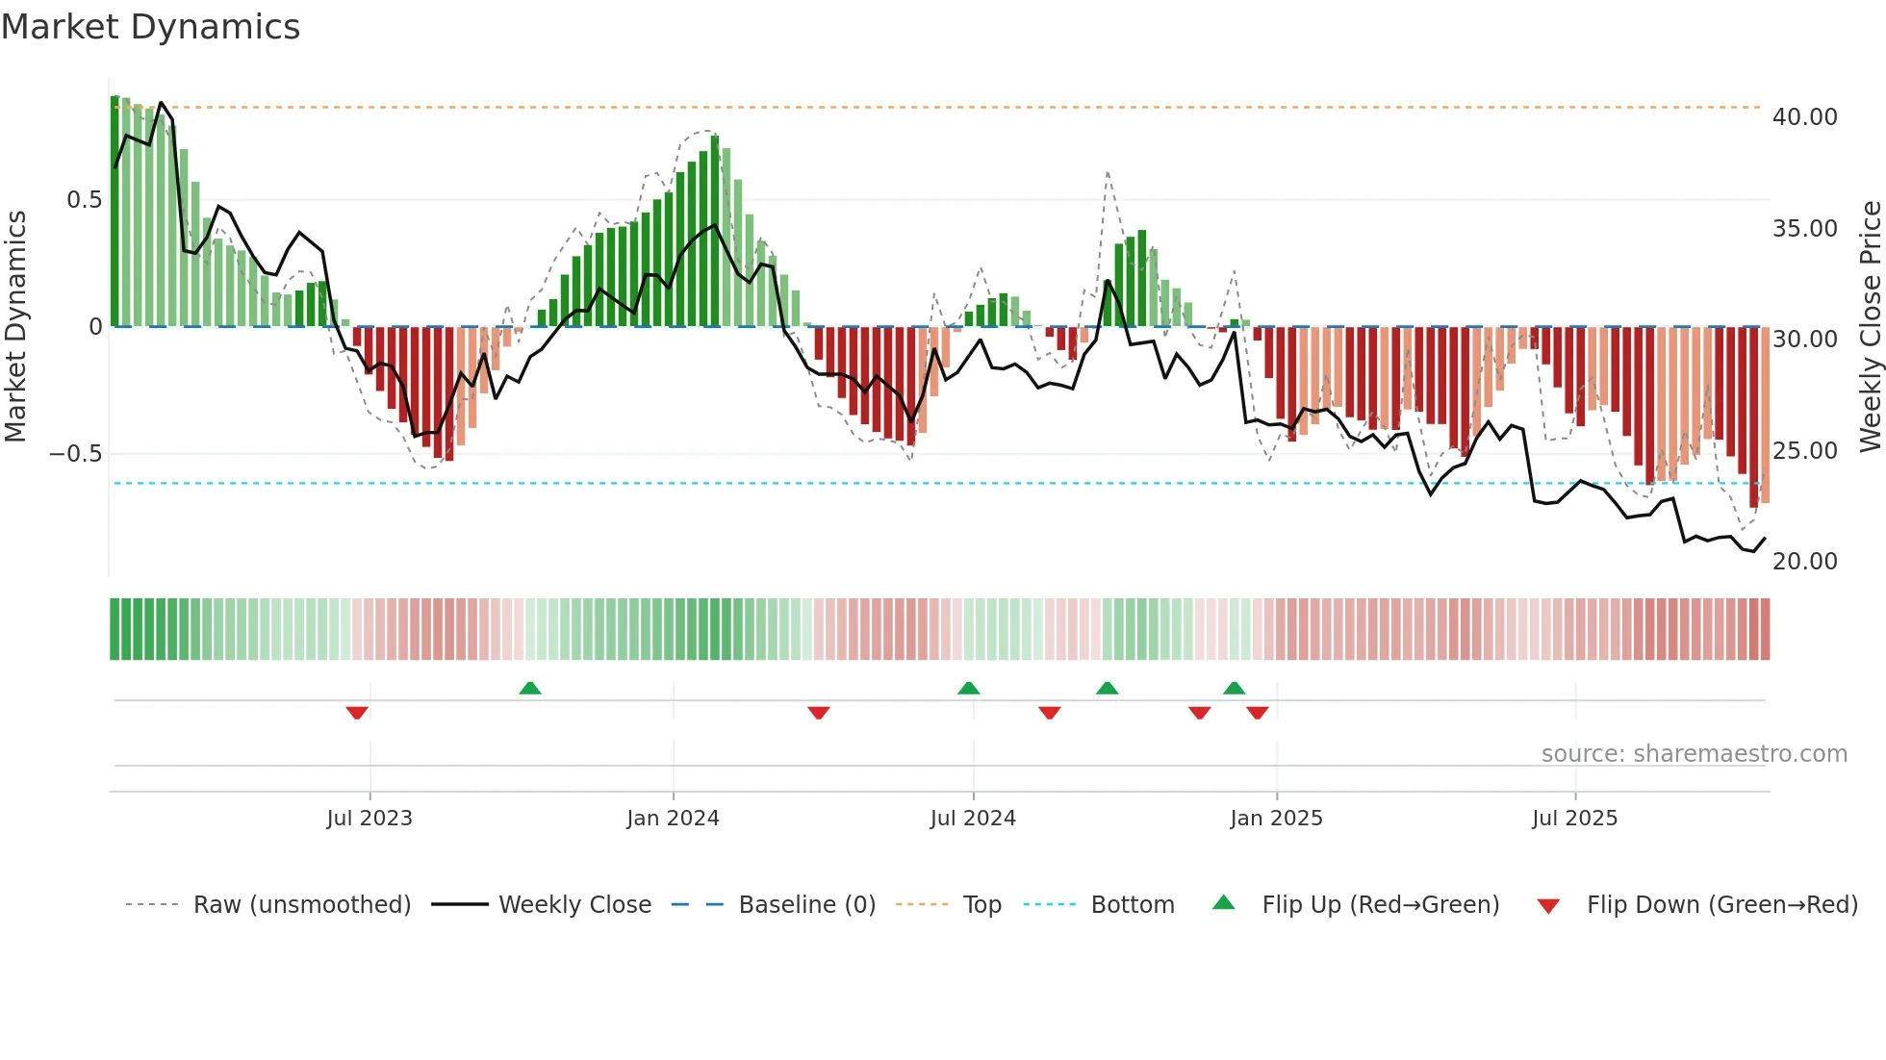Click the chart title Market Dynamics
(x=150, y=27)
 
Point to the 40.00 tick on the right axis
(x=1804, y=117)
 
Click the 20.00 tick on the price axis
(x=1804, y=562)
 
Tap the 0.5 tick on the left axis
(x=84, y=200)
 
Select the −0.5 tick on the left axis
(x=76, y=454)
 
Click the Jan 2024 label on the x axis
(x=673, y=819)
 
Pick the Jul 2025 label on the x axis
(x=1574, y=819)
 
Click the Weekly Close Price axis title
(x=1870, y=326)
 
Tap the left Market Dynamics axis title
(x=15, y=326)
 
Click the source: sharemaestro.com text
(x=1694, y=754)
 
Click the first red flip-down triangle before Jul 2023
(x=357, y=713)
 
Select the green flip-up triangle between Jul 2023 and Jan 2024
(x=530, y=688)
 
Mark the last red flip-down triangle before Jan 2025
(x=1257, y=713)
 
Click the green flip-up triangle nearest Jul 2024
(x=969, y=688)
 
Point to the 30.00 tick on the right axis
(x=1804, y=340)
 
